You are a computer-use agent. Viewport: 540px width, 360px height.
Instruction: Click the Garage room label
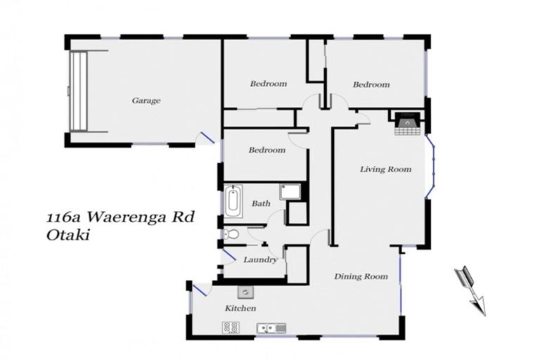point(146,101)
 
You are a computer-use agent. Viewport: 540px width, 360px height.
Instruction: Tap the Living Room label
point(385,169)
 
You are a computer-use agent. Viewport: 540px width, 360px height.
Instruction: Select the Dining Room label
point(361,276)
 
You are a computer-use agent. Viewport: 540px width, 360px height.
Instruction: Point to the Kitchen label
point(240,309)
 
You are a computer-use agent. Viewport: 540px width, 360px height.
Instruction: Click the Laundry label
point(260,259)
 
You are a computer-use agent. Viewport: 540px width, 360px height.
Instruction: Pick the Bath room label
point(261,204)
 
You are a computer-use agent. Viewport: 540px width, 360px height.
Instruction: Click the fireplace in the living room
point(406,124)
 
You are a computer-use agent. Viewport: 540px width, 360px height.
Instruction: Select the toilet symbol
point(232,235)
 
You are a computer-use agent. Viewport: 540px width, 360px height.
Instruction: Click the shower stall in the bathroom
point(290,192)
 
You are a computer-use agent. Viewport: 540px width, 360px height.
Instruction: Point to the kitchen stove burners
point(231,327)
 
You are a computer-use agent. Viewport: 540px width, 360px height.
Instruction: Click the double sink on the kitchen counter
point(270,328)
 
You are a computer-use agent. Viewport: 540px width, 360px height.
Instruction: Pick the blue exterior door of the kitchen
point(199,289)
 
